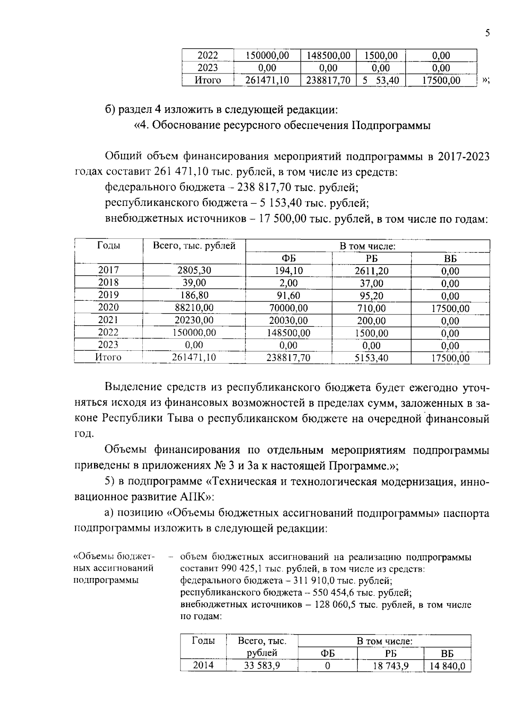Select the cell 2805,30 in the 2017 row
click(194, 270)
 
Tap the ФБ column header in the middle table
click(289, 258)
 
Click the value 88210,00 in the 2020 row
click(194, 308)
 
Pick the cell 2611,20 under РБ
click(371, 271)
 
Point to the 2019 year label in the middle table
click(109, 295)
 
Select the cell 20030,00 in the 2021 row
click(289, 320)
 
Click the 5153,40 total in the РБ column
click(371, 358)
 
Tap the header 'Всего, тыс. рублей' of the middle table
click(194, 246)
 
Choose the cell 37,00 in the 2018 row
click(371, 283)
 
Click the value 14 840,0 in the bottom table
click(447, 666)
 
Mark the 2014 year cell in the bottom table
click(203, 665)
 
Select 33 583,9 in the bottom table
click(262, 666)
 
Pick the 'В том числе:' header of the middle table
click(367, 246)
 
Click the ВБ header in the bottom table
click(447, 654)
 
